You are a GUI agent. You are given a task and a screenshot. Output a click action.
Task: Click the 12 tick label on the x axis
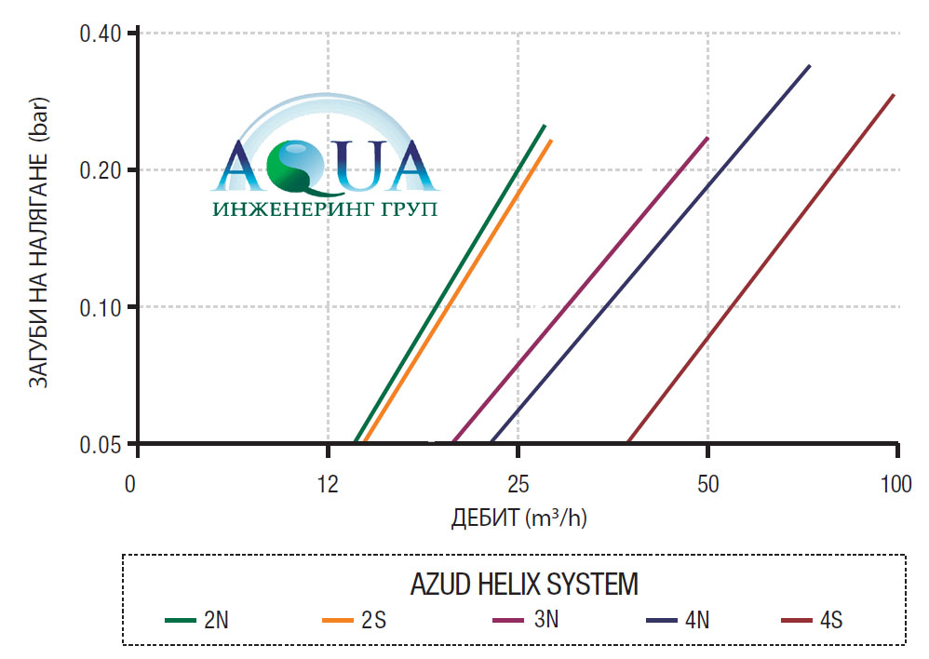pyautogui.click(x=328, y=484)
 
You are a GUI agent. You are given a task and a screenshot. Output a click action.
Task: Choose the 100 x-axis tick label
pyautogui.click(x=896, y=484)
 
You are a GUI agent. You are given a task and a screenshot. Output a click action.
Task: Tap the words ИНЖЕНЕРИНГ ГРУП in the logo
pyautogui.click(x=325, y=208)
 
